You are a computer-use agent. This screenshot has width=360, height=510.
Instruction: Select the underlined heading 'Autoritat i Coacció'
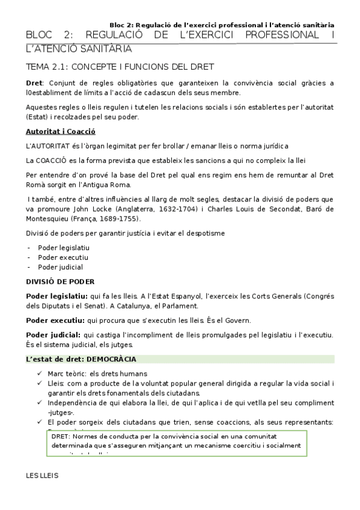[x=61, y=131]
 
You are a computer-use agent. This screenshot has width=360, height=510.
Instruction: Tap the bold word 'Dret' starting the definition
[x=34, y=83]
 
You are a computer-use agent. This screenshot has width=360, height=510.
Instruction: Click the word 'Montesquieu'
[x=49, y=218]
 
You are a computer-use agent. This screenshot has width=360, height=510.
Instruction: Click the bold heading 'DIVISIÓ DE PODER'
[x=60, y=281]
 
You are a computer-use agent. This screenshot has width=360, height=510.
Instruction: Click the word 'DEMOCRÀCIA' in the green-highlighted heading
[x=112, y=360]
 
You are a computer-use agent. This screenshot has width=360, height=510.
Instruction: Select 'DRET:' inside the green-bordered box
[x=61, y=435]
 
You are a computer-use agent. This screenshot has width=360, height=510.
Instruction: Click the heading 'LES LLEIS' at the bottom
[x=42, y=475]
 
